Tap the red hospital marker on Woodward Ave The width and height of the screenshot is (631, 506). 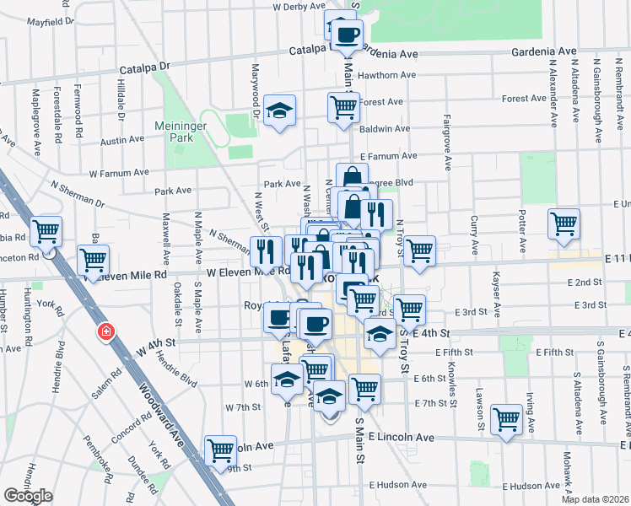coord(106,332)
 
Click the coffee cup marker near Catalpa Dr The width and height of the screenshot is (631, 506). coord(347,35)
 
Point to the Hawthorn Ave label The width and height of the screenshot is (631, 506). coord(387,75)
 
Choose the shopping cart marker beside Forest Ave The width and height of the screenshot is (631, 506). coord(343,108)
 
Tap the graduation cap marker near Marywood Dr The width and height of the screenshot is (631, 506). coord(278,111)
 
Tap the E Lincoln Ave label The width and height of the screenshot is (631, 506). coord(402,438)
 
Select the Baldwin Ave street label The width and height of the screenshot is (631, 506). coord(385,129)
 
